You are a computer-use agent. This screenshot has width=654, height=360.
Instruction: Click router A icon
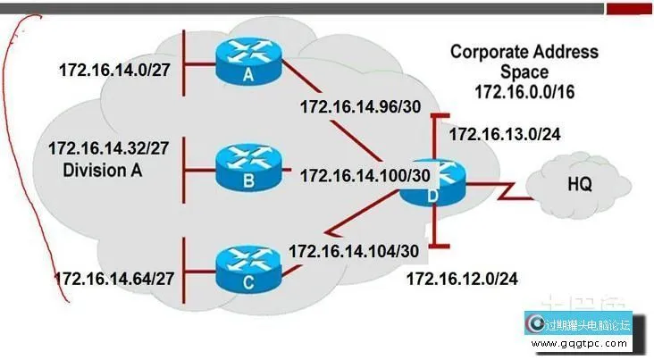click(248, 59)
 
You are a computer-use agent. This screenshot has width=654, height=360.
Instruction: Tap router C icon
click(248, 265)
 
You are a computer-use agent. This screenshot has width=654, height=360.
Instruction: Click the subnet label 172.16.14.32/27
click(111, 148)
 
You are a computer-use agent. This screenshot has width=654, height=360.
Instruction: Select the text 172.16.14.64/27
click(114, 279)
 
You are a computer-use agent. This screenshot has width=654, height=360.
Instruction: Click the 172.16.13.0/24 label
click(504, 135)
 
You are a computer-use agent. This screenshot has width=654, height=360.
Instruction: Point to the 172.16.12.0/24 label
click(462, 279)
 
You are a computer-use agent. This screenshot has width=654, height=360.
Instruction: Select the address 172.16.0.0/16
click(524, 90)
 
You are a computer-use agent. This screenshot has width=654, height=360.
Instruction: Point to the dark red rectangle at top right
click(629, 8)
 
